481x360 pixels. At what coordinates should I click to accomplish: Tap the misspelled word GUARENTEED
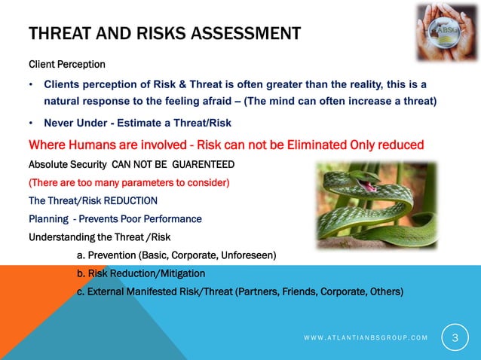click(x=200, y=164)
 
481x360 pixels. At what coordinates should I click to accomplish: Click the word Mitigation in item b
click(x=178, y=273)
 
